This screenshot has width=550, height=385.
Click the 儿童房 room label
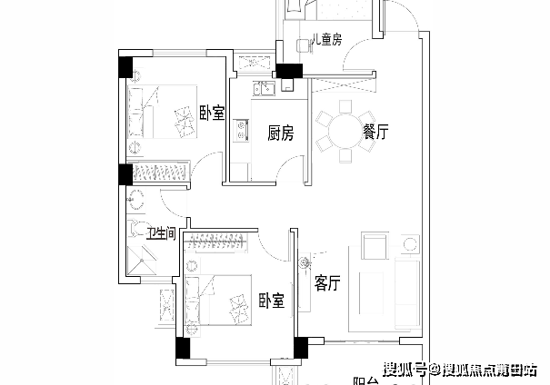(325, 40)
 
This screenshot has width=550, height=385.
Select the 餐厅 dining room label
(375, 133)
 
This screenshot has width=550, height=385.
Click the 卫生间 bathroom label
(161, 232)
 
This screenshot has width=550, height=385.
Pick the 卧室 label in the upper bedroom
(212, 114)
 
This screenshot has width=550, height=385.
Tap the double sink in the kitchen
(266, 89)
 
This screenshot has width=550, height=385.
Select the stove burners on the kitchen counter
(240, 135)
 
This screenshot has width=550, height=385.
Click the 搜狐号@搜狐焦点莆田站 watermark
(459, 368)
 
